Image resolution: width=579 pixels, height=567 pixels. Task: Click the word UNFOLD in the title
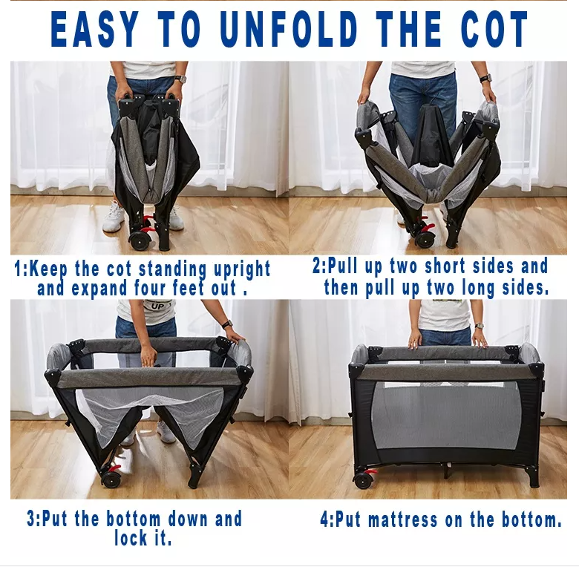coord(289,29)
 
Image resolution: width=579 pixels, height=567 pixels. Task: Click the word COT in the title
coord(495,29)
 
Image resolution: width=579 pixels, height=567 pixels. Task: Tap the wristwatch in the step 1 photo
coord(180,79)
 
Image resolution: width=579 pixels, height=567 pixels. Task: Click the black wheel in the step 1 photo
coord(140,240)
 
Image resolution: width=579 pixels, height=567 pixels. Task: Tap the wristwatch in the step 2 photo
coord(486,78)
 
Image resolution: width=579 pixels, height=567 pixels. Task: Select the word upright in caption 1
coord(242,269)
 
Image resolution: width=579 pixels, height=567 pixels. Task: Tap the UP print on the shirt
coord(157,306)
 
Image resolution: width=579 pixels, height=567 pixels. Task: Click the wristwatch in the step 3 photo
coord(226,325)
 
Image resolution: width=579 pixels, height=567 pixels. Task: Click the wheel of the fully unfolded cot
coord(363,481)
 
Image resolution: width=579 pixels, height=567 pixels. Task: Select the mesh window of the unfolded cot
coord(445,416)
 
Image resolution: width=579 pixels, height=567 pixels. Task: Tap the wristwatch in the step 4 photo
coord(480,326)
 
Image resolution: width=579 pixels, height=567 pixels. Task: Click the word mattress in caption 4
coord(403,520)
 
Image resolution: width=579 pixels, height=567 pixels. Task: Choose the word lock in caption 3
coord(131,537)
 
